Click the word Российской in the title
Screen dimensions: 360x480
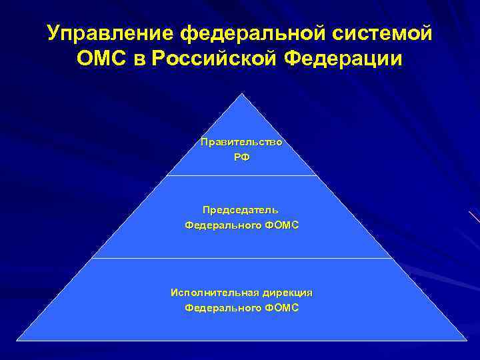215,61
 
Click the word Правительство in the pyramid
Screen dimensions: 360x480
241,142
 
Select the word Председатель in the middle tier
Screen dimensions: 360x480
241,209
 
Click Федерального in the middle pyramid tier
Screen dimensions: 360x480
223,225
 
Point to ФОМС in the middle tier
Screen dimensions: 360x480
281,225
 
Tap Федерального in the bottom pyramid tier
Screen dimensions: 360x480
223,308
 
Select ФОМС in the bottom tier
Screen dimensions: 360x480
281,308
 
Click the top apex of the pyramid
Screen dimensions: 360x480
241,94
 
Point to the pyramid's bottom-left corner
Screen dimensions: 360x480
17,340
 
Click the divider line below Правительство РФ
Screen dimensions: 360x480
241,176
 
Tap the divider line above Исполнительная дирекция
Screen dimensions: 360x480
241,258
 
